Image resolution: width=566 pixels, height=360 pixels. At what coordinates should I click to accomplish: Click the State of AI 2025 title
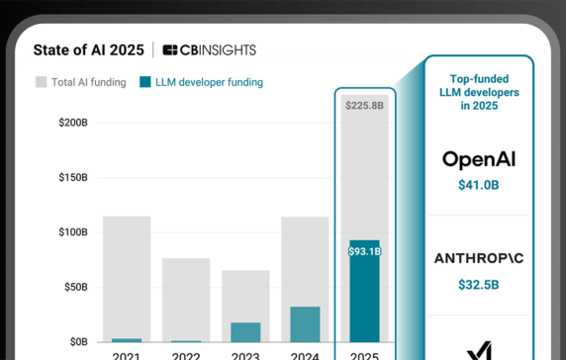(88, 49)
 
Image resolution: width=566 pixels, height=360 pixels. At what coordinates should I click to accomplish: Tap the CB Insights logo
(210, 50)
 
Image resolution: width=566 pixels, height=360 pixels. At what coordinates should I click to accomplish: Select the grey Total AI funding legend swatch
(42, 82)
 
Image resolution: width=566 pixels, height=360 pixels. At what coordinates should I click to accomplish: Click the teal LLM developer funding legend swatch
(145, 82)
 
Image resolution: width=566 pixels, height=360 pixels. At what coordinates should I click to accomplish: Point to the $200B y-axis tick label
(73, 123)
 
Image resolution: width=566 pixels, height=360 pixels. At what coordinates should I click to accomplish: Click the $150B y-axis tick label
(73, 177)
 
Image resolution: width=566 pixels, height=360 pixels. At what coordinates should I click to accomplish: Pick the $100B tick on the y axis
(73, 232)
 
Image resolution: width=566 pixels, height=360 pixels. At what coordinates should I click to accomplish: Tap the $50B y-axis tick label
(76, 287)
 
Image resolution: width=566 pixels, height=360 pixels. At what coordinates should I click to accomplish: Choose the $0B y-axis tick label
(79, 341)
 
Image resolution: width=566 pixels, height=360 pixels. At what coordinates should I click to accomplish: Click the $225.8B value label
(364, 106)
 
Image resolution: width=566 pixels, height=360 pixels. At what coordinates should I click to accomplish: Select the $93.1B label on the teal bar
(364, 251)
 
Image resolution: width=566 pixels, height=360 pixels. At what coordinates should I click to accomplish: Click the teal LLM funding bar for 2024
(305, 324)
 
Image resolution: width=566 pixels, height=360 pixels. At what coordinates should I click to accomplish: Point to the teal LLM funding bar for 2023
(245, 332)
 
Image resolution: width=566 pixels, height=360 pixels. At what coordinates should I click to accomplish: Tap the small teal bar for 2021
(127, 340)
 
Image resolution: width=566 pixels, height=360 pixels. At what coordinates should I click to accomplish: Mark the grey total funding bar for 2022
(186, 300)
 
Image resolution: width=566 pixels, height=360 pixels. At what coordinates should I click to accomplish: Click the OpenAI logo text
(479, 160)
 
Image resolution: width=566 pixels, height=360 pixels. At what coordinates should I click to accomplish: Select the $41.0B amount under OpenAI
(479, 185)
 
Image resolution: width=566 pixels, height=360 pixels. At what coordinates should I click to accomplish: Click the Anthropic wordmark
(479, 258)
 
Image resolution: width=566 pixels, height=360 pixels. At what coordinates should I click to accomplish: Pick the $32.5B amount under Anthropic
(479, 285)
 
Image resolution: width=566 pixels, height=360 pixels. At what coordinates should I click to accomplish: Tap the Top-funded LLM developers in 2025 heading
(479, 92)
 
